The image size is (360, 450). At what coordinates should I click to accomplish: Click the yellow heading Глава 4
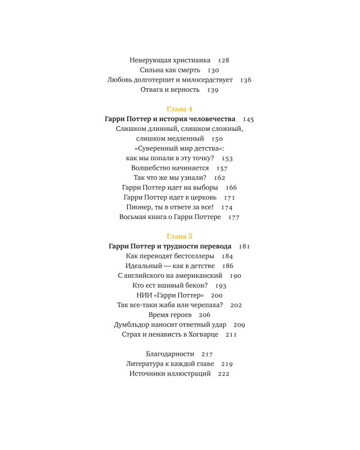179,109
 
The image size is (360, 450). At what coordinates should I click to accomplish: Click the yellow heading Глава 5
179,236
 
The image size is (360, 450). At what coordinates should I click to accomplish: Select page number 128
223,60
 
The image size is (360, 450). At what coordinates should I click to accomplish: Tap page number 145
249,119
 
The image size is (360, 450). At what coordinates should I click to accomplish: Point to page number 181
244,246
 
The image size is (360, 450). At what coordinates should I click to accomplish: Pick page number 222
224,373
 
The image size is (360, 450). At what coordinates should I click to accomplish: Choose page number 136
245,80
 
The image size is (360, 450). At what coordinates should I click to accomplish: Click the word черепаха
202,305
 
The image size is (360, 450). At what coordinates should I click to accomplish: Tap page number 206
205,314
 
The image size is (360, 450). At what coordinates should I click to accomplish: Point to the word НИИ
143,295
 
